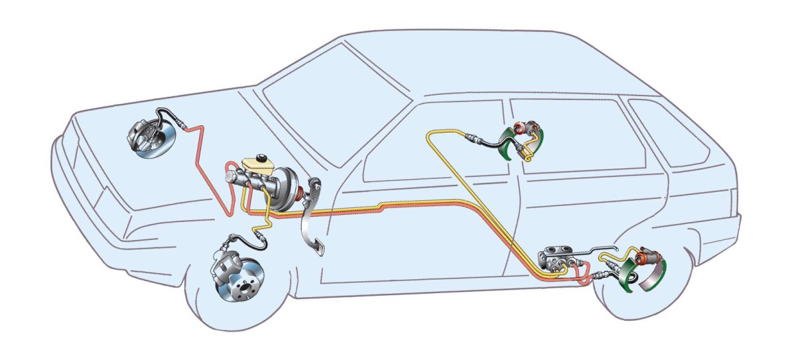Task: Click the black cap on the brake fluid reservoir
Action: (x=262, y=157)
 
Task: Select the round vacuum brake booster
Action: (x=287, y=191)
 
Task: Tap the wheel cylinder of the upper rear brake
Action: (x=531, y=127)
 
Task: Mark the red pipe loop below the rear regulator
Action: (x=584, y=278)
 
